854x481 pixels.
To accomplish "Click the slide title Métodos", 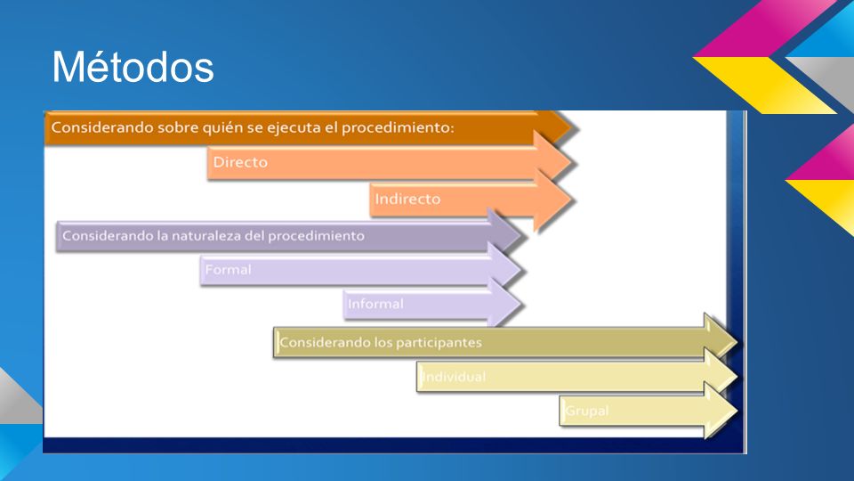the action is click(x=133, y=67).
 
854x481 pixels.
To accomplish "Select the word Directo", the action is click(x=240, y=162).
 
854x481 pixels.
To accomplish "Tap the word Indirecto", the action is click(x=407, y=199).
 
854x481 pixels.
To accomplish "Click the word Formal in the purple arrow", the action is click(x=229, y=269).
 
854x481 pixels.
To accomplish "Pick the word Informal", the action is click(x=375, y=304).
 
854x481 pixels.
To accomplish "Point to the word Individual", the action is click(x=455, y=376).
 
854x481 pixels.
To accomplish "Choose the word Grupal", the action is click(x=586, y=411).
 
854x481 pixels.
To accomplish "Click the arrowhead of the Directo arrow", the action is click(x=552, y=162).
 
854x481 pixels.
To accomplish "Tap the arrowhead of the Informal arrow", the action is click(x=504, y=305).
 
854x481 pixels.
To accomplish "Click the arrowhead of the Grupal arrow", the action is click(x=721, y=411).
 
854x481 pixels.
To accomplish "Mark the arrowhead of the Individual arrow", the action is click(x=721, y=376).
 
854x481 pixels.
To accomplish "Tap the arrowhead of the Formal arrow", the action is click(x=504, y=269).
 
